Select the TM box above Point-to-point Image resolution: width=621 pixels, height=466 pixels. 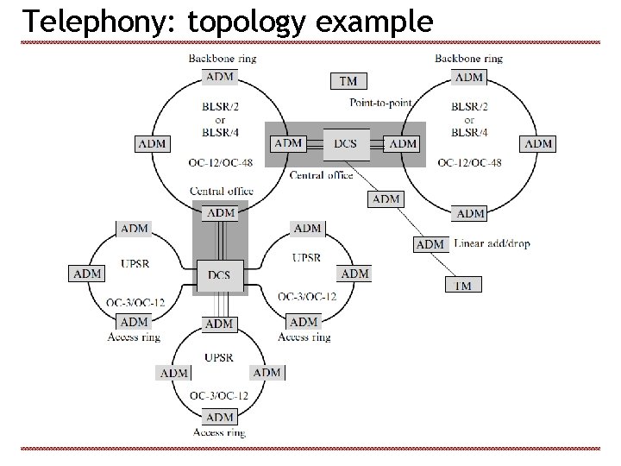click(348, 81)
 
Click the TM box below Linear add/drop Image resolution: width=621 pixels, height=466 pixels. click(464, 285)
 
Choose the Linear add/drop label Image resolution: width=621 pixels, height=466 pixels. click(491, 243)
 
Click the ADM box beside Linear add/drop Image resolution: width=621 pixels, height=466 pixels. click(430, 244)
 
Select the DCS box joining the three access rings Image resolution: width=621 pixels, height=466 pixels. click(219, 275)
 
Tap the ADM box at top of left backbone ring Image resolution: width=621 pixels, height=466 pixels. click(222, 77)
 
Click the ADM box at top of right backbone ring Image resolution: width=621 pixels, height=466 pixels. click(469, 77)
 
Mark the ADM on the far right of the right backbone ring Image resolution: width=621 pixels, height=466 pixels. click(538, 143)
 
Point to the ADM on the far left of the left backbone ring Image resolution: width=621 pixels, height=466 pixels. click(153, 143)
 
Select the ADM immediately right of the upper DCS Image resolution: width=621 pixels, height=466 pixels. click(404, 143)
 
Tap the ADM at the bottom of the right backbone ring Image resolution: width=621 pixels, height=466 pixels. click(471, 213)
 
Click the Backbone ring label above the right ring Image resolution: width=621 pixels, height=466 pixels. click(469, 59)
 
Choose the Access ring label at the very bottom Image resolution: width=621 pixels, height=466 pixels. click(220, 432)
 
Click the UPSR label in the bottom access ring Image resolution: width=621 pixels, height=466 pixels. click(220, 356)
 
